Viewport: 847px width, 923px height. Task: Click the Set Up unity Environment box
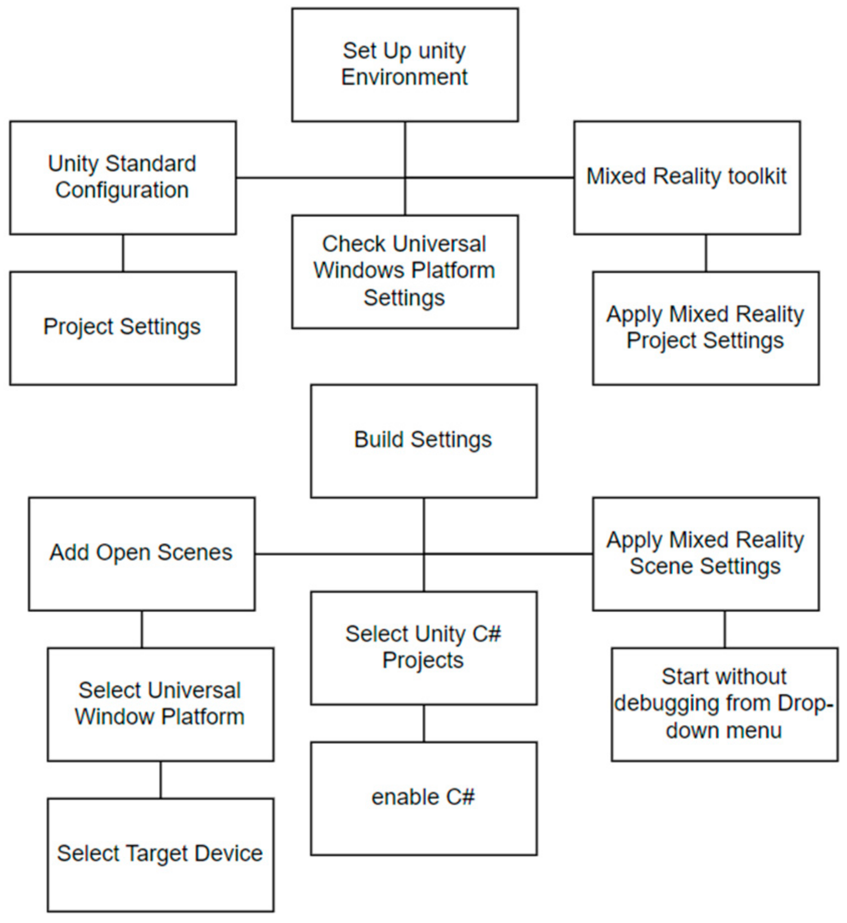click(x=405, y=64)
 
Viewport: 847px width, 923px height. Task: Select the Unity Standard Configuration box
click(x=123, y=177)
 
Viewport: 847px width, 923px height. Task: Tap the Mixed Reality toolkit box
click(x=687, y=177)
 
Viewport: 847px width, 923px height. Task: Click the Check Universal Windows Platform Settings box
click(x=405, y=271)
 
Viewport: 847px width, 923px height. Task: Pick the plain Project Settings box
click(x=123, y=328)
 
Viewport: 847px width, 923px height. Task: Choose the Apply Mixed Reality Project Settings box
click(x=705, y=328)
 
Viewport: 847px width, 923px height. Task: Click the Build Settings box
click(x=423, y=441)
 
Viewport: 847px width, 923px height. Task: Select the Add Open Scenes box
click(x=142, y=553)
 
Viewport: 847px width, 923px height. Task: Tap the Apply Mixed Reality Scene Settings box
click(x=705, y=553)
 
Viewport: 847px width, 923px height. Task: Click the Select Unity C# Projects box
click(x=423, y=648)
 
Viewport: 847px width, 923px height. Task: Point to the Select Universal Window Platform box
click(x=160, y=704)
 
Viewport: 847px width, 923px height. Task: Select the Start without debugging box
click(x=724, y=704)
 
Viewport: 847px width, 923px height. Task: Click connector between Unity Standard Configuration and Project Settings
click(x=123, y=253)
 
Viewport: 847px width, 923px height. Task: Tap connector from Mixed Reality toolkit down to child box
click(x=706, y=253)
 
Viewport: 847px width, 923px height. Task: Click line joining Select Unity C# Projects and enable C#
click(x=423, y=723)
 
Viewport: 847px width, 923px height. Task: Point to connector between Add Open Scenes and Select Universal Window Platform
click(x=142, y=629)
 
